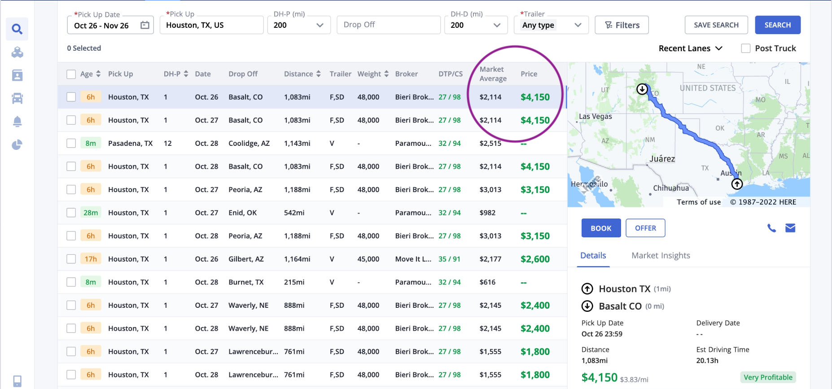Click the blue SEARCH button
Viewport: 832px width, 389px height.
click(x=777, y=25)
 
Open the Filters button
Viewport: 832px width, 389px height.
click(x=622, y=25)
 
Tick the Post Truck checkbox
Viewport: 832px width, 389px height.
click(x=746, y=48)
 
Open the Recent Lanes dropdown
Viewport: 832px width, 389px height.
click(x=690, y=48)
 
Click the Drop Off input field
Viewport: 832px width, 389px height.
click(x=389, y=25)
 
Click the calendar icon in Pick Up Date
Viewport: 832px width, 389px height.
click(x=145, y=25)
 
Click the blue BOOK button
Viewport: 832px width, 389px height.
click(x=601, y=228)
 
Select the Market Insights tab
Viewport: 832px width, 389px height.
click(x=661, y=256)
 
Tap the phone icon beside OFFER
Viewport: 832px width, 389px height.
click(x=771, y=228)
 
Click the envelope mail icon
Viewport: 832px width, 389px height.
click(x=790, y=228)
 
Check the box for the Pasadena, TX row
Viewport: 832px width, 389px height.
click(x=71, y=144)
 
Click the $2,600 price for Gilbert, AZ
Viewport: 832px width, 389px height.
click(x=535, y=259)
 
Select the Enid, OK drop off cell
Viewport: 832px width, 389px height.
click(x=242, y=213)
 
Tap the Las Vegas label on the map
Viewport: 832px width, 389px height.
click(x=595, y=117)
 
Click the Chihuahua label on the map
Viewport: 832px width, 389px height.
click(x=671, y=188)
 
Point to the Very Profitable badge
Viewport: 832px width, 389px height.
click(x=768, y=377)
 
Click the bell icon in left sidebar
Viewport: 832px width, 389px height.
click(x=17, y=122)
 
